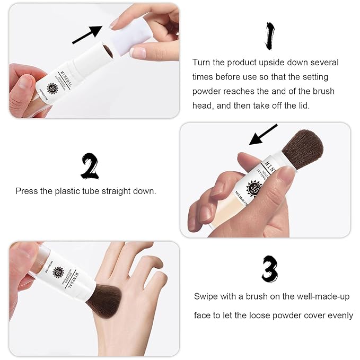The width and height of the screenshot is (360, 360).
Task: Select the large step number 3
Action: tap(269, 269)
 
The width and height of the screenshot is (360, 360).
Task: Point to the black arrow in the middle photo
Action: tap(263, 135)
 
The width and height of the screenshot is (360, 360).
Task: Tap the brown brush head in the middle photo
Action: tap(302, 148)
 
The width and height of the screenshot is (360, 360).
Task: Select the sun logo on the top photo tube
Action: tap(52, 88)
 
